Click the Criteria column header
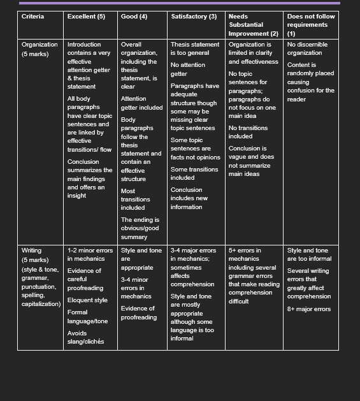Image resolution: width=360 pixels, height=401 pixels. (33, 17)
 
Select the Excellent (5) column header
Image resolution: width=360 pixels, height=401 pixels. (86, 17)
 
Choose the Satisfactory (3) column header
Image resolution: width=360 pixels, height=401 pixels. (194, 17)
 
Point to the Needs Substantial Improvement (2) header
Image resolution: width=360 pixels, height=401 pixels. (253, 25)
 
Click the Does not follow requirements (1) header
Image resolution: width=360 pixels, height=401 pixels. (310, 25)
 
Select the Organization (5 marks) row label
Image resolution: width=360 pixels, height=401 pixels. (40, 49)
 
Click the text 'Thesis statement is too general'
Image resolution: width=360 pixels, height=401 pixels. (195, 49)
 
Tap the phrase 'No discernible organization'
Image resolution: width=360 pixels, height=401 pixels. (305, 49)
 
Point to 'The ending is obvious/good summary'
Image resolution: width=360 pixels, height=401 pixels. (140, 228)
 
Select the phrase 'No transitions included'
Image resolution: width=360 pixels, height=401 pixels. (248, 132)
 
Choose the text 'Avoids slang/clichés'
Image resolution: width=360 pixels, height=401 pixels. (85, 337)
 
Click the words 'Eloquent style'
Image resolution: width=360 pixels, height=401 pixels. (87, 300)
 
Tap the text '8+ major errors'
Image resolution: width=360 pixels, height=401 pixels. (309, 309)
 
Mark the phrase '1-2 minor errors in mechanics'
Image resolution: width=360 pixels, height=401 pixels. (90, 255)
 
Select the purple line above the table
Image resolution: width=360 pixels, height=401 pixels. (180, 3)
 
